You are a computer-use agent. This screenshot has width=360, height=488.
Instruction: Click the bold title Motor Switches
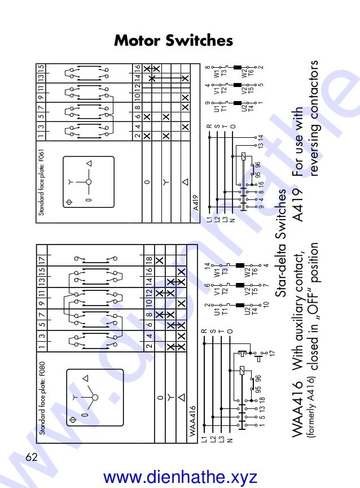[173, 41]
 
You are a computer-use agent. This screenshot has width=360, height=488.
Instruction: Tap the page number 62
[31, 456]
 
